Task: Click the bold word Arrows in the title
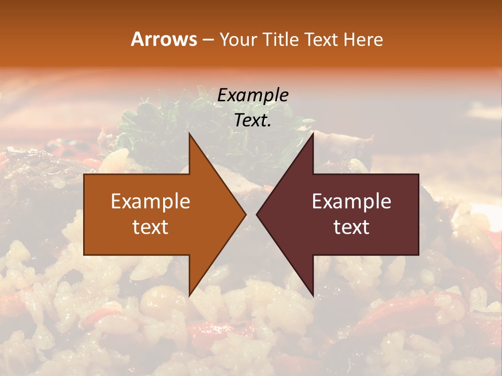(x=164, y=39)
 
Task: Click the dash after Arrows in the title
(x=208, y=40)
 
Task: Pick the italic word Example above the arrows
(x=253, y=96)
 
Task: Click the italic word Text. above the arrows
(x=253, y=121)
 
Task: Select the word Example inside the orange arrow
(x=151, y=202)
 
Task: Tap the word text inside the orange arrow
(x=151, y=227)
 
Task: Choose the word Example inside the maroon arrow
(x=351, y=202)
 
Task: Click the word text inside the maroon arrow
(x=351, y=227)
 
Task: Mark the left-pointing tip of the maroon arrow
(x=257, y=215)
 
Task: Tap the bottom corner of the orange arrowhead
(x=190, y=295)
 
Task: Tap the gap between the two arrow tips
(x=251, y=215)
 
